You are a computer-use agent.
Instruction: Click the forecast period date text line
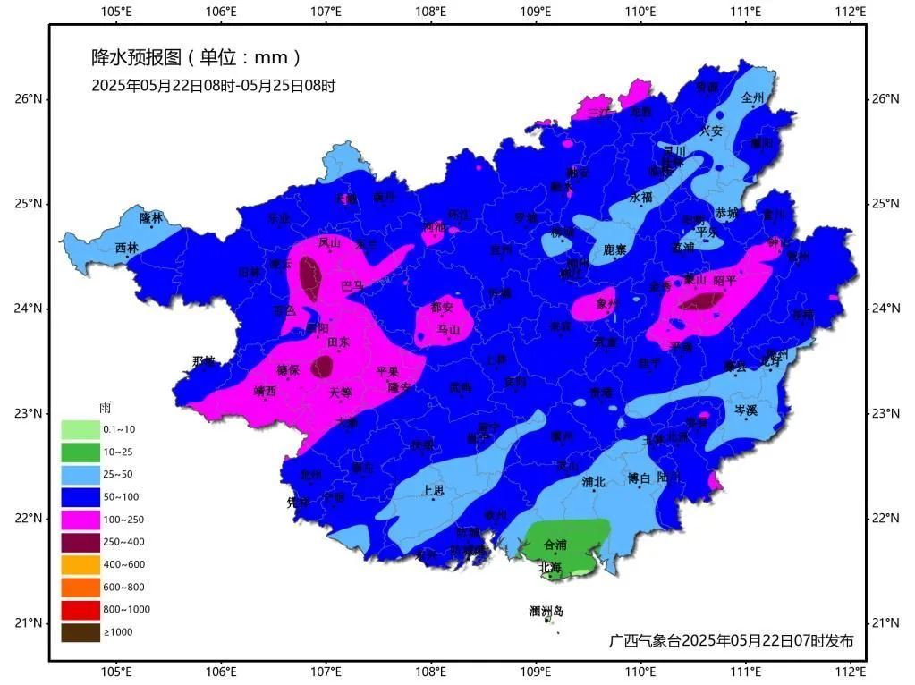coord(213,86)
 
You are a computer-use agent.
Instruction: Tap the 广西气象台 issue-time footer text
coord(731,640)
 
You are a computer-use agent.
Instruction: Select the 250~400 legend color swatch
coord(80,542)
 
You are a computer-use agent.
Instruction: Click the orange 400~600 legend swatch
coord(80,564)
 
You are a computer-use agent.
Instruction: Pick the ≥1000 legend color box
coord(80,632)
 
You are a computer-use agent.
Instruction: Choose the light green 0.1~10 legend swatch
coord(80,429)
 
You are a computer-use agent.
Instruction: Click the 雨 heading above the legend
coord(105,408)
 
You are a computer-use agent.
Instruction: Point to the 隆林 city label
coord(152,217)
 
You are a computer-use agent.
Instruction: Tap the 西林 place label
coord(127,248)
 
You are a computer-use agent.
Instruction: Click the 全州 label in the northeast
coord(754,97)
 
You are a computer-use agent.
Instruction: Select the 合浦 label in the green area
coord(555,544)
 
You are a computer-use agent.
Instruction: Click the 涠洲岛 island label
coord(546,612)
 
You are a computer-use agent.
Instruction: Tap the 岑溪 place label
coord(745,410)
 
